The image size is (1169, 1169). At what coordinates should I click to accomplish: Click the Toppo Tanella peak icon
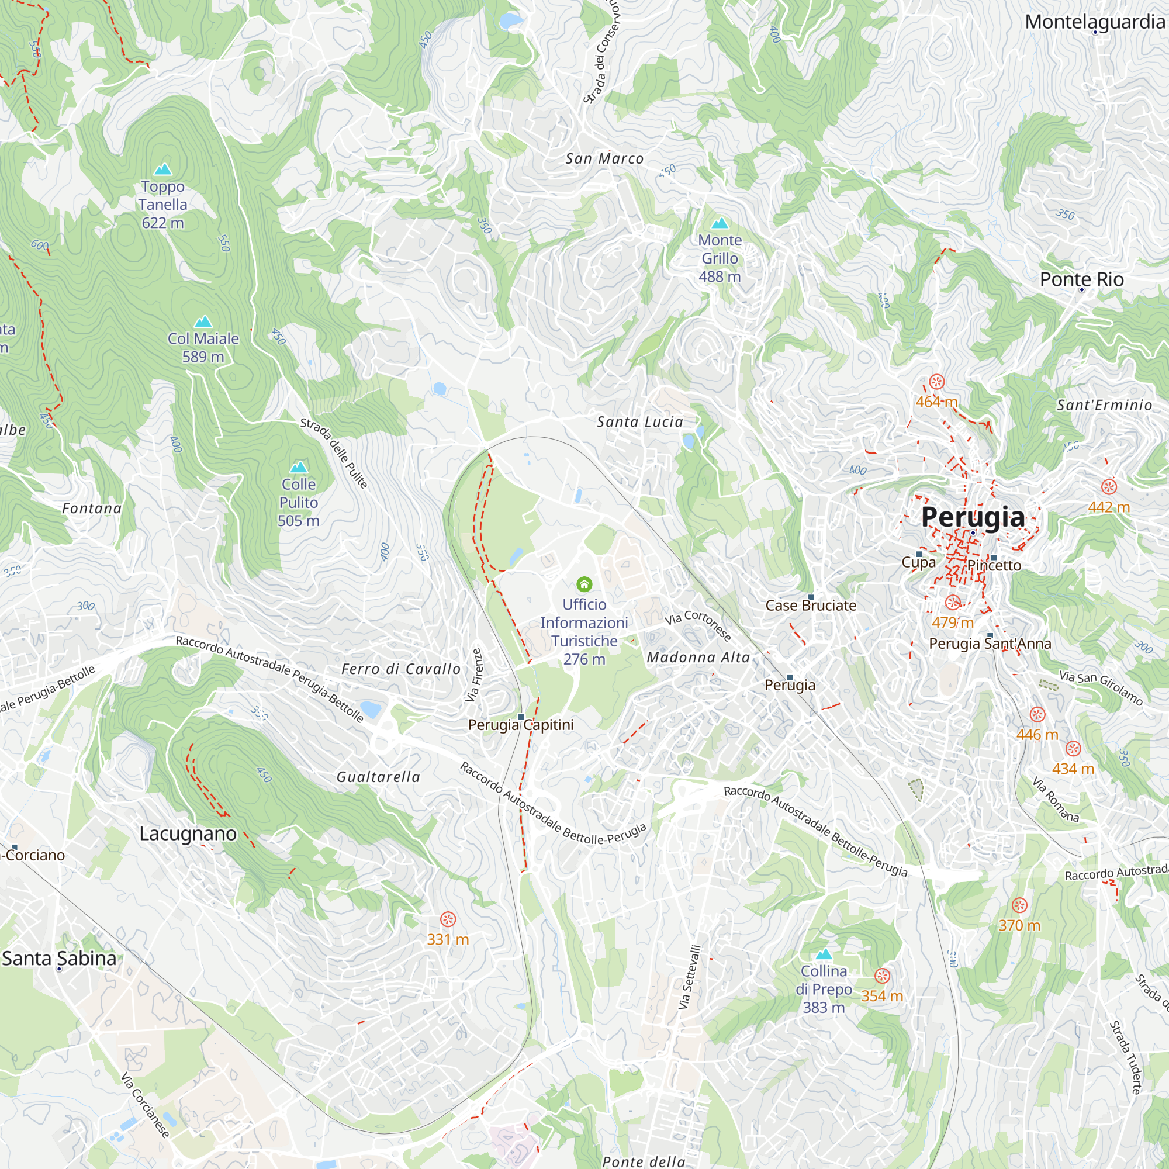click(162, 170)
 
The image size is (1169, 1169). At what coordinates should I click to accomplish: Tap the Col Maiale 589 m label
click(203, 347)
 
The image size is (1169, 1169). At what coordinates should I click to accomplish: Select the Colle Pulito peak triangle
click(298, 467)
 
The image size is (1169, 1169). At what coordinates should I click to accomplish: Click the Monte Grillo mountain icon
click(720, 223)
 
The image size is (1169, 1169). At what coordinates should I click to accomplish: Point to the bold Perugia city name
click(973, 517)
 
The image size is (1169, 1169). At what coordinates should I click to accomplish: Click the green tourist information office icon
click(584, 584)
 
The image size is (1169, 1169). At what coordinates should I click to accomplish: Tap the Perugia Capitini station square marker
click(521, 717)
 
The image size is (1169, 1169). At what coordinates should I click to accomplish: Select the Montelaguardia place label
click(1095, 22)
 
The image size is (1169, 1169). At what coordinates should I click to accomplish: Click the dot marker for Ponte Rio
click(1082, 290)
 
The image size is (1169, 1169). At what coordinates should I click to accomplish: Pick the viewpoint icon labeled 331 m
click(448, 919)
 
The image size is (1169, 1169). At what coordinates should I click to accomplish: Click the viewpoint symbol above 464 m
click(936, 382)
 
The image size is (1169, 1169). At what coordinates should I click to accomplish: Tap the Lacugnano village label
click(188, 834)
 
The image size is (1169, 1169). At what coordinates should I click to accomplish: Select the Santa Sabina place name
click(58, 959)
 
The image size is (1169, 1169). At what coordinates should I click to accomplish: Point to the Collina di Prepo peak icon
click(824, 955)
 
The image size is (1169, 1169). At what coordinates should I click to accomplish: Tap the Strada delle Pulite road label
click(333, 452)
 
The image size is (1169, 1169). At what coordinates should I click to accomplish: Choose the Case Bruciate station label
click(811, 606)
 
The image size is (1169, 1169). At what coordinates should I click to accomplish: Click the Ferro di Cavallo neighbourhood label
click(400, 669)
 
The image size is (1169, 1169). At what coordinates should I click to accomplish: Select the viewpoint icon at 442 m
click(1108, 487)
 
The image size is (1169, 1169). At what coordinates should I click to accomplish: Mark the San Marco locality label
click(604, 158)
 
